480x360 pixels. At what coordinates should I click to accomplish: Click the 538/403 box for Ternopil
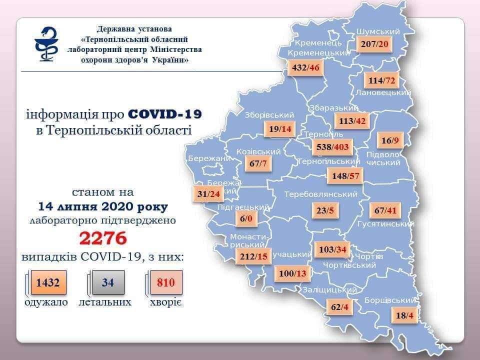[x=332, y=147]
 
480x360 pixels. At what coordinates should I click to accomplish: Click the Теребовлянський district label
[x=320, y=194]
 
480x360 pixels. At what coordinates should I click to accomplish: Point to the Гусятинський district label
[x=385, y=224]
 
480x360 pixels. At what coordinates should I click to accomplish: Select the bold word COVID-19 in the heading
[x=165, y=114]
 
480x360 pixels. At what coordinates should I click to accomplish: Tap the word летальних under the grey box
[x=105, y=302]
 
